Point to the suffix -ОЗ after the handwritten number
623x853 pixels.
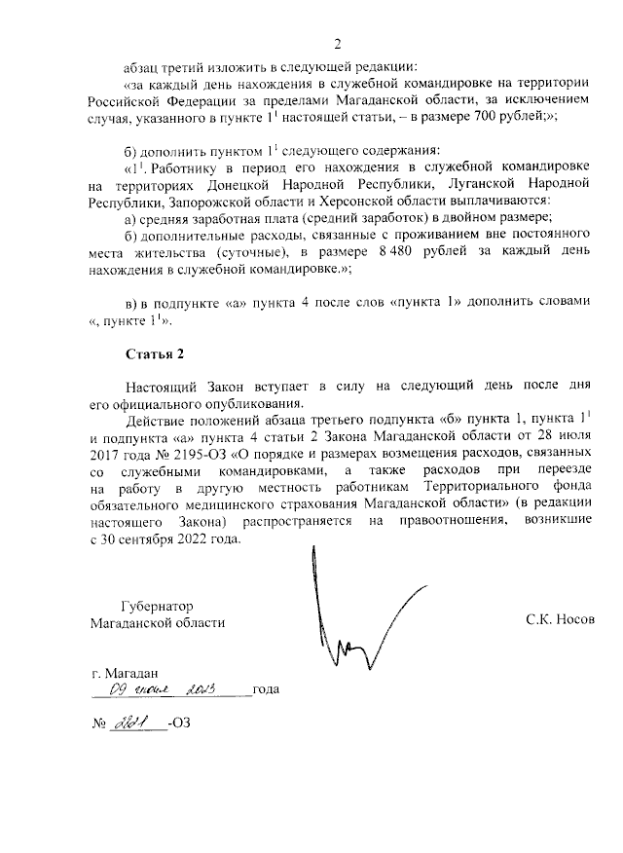click(x=180, y=724)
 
